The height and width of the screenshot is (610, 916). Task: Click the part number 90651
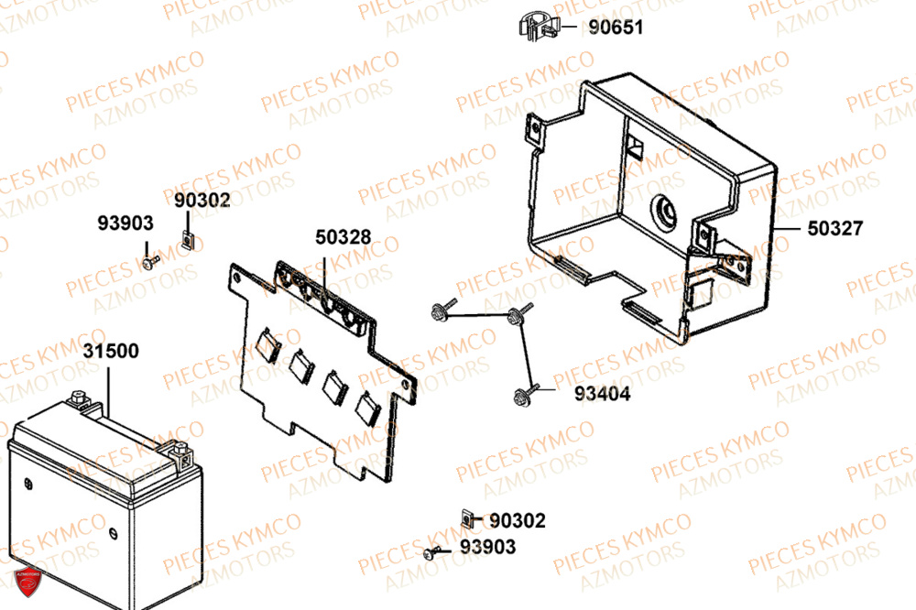pos(616,27)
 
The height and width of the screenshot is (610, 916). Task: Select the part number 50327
pos(834,229)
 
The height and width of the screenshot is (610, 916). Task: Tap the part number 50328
pos(343,237)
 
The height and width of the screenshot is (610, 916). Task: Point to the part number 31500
pos(111,352)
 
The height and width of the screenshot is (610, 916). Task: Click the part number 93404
pos(602,394)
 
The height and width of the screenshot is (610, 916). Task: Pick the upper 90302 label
pos(202,200)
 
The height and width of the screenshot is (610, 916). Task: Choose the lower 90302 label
pos(518,521)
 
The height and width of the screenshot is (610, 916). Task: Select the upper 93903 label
pos(126,223)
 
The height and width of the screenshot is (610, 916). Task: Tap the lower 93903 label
pos(487,547)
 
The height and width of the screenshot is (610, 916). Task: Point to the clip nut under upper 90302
pos(187,240)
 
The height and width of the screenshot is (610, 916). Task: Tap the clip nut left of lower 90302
pos(467,521)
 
